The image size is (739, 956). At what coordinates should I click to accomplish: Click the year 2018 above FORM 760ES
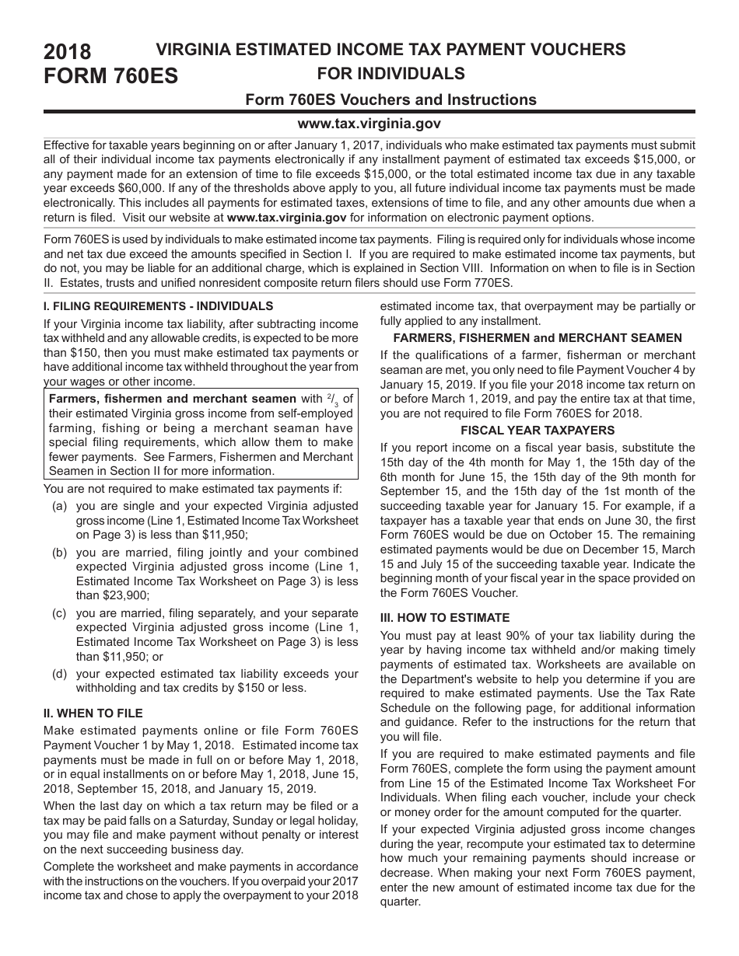tap(68, 53)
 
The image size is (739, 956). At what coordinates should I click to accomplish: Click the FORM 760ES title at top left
tap(110, 77)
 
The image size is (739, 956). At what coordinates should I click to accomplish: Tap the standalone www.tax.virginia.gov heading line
tap(369, 124)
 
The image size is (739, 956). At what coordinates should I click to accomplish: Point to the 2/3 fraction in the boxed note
tap(331, 399)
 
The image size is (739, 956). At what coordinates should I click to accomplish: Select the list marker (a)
tap(59, 505)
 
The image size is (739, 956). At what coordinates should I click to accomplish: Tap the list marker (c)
tap(59, 613)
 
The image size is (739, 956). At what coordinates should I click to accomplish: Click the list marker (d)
tap(59, 673)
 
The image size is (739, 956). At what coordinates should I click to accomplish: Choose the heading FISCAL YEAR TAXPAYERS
tap(538, 430)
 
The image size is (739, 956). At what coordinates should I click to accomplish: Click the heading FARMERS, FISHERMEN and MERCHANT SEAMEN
tap(538, 337)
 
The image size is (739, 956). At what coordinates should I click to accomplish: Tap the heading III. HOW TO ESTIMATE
tap(445, 618)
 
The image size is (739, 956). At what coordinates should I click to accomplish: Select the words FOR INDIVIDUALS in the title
tap(391, 74)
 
